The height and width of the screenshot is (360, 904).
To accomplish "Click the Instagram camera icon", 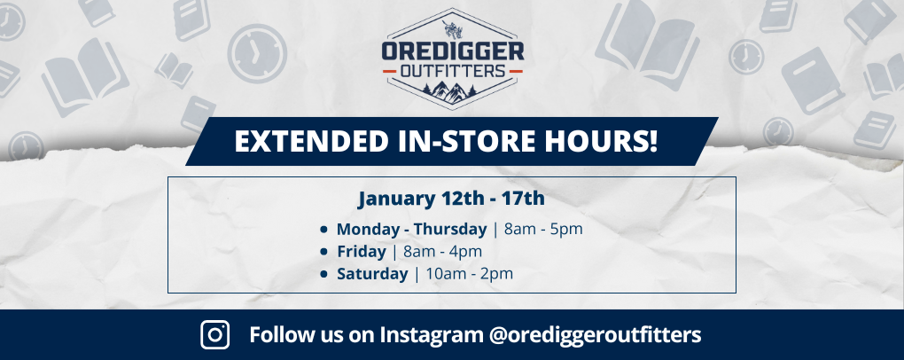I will [x=215, y=334].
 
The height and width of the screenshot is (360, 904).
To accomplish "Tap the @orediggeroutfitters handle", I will [x=595, y=335].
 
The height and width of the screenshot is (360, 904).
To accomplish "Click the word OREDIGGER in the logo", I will [x=453, y=51].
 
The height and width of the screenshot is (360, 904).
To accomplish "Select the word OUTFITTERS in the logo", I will [x=452, y=70].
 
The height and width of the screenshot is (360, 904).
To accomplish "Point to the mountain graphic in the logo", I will [x=452, y=88].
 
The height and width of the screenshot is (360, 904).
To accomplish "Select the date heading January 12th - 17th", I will [x=451, y=197].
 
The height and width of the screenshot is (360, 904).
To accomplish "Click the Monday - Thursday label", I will [x=411, y=229].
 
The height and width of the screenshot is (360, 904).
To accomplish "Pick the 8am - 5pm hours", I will [x=543, y=229].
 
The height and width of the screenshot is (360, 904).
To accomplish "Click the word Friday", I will [x=362, y=251].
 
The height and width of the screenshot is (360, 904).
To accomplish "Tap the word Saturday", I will [x=372, y=273].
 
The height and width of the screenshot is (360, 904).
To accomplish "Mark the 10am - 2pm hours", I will [x=469, y=273].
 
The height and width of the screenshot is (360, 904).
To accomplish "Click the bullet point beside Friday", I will [x=325, y=252].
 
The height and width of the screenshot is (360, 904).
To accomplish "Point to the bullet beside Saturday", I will [x=325, y=274].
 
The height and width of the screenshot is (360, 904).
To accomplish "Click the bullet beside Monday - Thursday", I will [x=325, y=230].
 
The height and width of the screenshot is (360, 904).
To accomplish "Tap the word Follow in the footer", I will [x=277, y=335].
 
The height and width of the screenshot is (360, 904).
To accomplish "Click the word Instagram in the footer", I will [x=433, y=335].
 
